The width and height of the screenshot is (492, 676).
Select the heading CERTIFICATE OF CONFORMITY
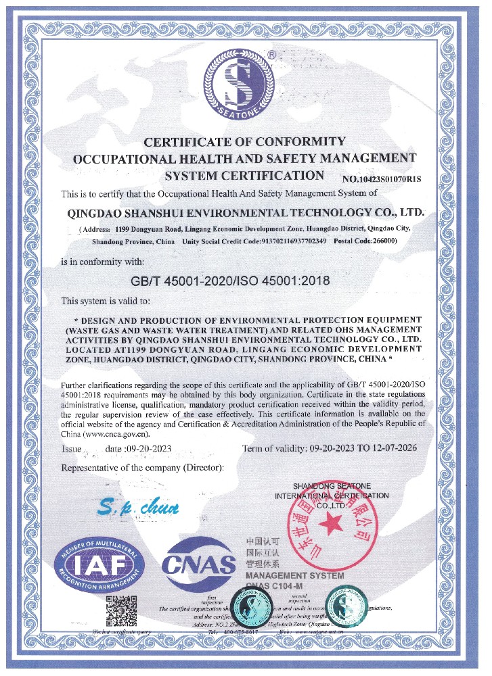(245, 142)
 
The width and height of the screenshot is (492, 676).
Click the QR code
(122, 610)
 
